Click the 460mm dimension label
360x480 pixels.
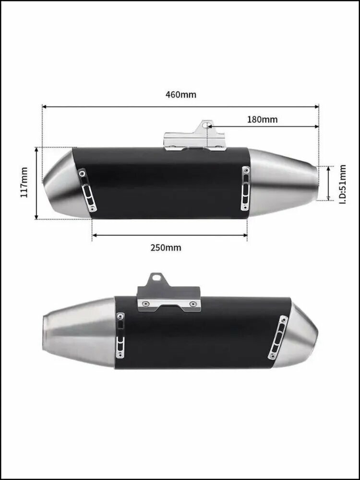coord(180,95)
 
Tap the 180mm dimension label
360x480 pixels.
coord(263,120)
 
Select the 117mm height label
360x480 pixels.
coord(24,182)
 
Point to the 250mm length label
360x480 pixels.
coord(166,247)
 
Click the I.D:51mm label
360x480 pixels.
coord(343,184)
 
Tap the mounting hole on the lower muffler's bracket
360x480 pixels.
coord(157,277)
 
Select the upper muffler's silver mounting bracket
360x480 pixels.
coord(195,136)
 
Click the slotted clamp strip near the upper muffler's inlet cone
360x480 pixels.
coord(245,188)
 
